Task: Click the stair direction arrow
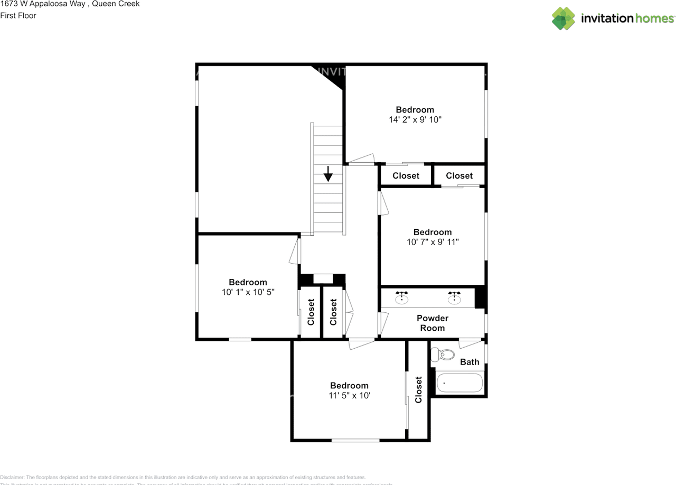tap(328, 174)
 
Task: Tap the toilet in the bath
tap(443, 355)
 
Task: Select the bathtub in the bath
tap(459, 383)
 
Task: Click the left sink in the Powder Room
tap(402, 298)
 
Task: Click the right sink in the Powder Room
tap(454, 298)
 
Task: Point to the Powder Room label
tap(432, 323)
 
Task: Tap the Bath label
tap(470, 362)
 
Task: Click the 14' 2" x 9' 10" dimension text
tap(415, 120)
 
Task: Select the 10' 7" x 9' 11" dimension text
tap(432, 242)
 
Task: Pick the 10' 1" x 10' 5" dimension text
tap(248, 292)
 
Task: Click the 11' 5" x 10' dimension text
tap(349, 395)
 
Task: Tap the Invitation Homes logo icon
tap(564, 18)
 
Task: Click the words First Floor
tap(18, 16)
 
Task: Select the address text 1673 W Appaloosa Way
tap(43, 4)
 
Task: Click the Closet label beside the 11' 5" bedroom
tap(419, 389)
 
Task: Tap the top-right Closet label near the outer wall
tap(459, 176)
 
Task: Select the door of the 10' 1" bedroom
tap(294, 251)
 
